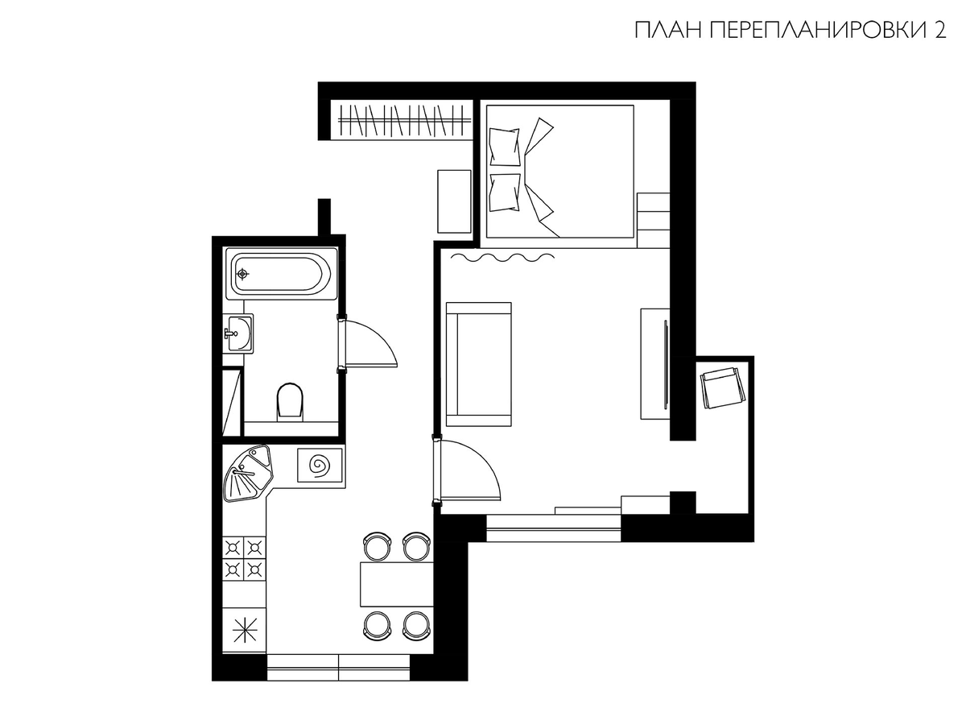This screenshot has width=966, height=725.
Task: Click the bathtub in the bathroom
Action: click(282, 274)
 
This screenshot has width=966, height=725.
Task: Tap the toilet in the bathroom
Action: click(290, 400)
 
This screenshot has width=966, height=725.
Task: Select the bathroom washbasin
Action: click(237, 333)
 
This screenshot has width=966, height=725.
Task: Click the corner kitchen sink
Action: click(248, 473)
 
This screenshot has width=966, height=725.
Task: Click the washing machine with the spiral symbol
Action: click(320, 465)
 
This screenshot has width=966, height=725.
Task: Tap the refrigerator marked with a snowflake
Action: click(244, 629)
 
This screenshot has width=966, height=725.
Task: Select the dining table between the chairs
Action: click(397, 584)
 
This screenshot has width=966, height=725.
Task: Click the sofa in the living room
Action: click(479, 364)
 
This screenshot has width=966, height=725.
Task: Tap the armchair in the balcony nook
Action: click(723, 388)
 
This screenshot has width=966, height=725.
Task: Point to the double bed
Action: click(559, 172)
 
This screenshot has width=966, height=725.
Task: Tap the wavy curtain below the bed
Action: click(502, 257)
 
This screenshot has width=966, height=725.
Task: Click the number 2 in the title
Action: click(939, 31)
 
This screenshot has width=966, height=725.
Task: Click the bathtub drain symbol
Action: click(242, 274)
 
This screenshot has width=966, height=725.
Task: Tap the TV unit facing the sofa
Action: click(655, 363)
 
